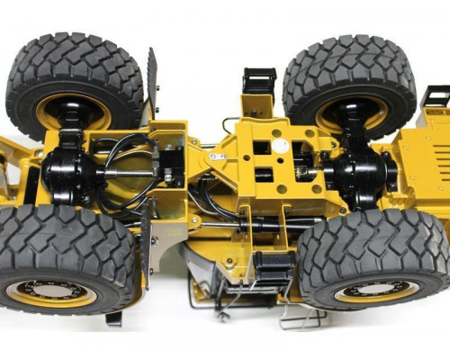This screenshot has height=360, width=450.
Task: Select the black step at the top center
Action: click(x=259, y=81)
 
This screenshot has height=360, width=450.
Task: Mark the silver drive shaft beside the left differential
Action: click(x=126, y=172)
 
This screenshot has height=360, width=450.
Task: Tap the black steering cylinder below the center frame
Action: click(x=270, y=221)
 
